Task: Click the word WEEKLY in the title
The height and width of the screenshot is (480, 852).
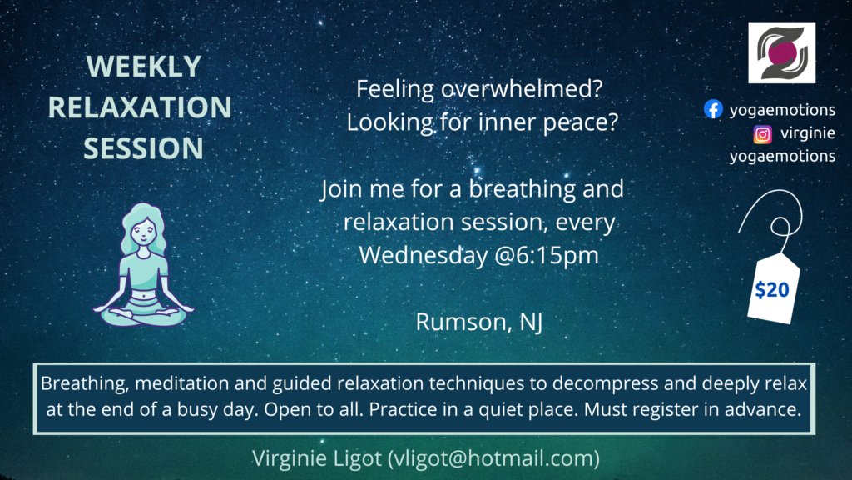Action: point(143,67)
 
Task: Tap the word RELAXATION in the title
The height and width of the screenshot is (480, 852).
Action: point(140,107)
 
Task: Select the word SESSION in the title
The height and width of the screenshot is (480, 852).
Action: point(143,148)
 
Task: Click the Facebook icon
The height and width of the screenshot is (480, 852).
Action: point(713,109)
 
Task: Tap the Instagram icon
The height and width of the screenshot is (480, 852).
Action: point(762,134)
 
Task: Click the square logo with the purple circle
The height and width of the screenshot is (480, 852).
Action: point(782,52)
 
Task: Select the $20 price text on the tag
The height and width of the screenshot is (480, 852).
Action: point(772,290)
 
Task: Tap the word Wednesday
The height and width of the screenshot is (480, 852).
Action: point(424,255)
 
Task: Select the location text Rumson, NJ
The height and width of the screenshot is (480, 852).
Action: point(479,322)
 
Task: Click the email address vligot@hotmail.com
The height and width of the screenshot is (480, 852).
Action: point(493,458)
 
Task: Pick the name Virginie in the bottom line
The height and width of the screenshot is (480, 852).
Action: point(290,458)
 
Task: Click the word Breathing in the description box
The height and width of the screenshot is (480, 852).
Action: point(86,383)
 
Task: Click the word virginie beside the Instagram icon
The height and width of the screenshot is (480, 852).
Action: point(808,133)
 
